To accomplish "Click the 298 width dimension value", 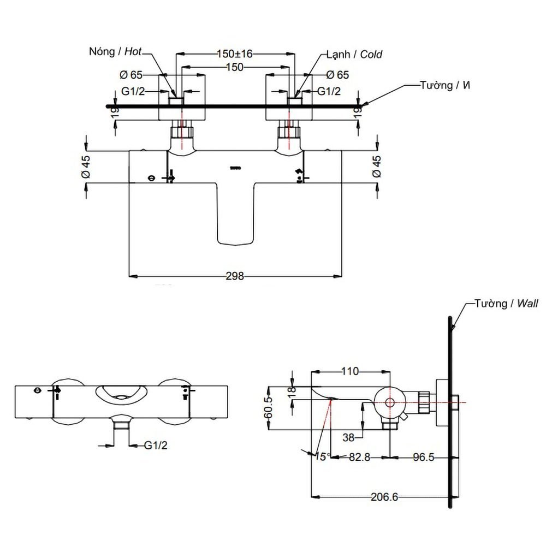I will [235, 276].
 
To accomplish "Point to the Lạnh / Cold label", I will [354, 54].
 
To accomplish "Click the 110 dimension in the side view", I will [349, 372].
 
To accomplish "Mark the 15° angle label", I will [322, 456].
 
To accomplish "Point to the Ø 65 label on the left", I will [131, 75].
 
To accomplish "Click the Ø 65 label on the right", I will [337, 75].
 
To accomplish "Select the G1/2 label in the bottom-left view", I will [156, 446].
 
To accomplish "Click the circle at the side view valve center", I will [389, 402].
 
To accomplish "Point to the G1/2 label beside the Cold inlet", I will [329, 91].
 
